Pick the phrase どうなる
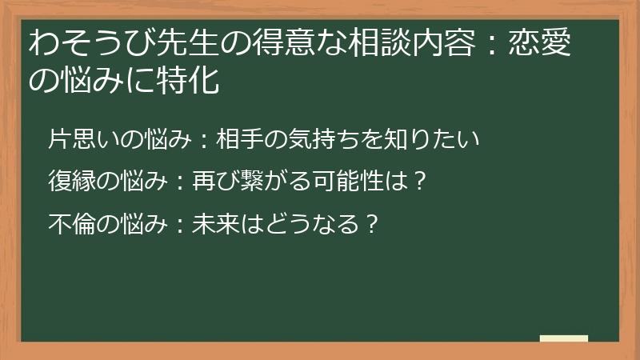coord(308,222)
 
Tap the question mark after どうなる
coord(370,222)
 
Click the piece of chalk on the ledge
coord(564,338)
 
